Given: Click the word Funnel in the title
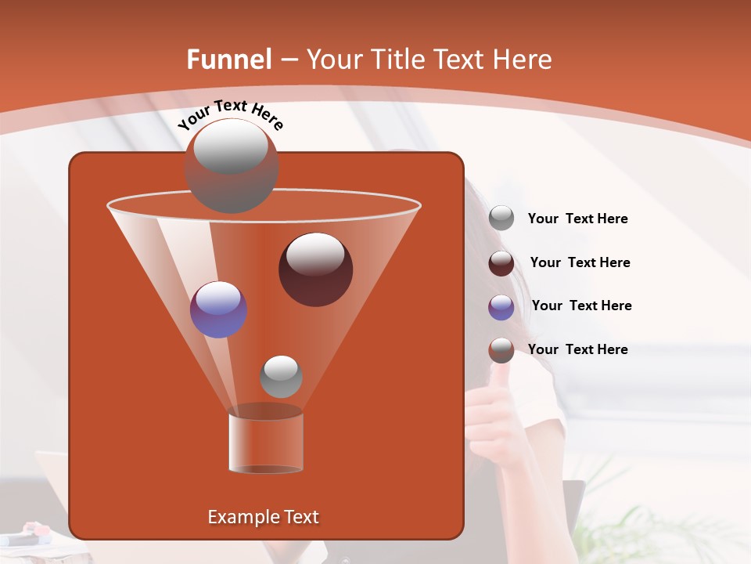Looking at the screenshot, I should (229, 60).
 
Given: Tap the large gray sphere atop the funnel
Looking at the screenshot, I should (231, 165).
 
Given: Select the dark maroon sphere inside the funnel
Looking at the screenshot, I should (315, 269).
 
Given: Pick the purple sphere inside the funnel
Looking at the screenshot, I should (218, 309).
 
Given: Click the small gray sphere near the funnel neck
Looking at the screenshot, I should (281, 376).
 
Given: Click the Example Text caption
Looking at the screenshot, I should (263, 517).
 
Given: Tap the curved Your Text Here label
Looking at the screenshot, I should (230, 114).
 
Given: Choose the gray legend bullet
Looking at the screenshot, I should (501, 219).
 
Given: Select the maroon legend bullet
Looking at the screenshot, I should (501, 263).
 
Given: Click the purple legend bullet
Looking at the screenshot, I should (501, 307).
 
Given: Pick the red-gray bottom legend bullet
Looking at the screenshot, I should (501, 350).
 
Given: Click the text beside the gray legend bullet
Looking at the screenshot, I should (577, 219).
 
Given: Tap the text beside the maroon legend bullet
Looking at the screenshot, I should (580, 262).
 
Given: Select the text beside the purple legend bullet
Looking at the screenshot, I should (581, 305).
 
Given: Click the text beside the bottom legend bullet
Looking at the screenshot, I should (577, 349).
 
